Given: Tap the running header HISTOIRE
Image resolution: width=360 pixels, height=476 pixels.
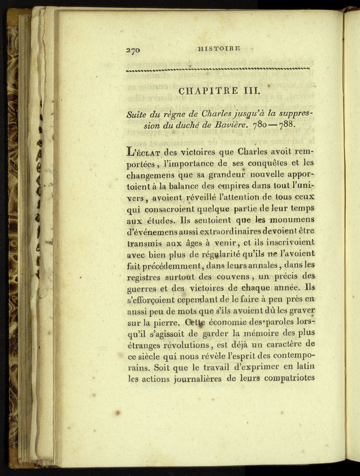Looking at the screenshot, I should (x=218, y=49).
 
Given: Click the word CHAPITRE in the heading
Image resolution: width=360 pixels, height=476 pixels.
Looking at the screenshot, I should (x=206, y=91).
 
